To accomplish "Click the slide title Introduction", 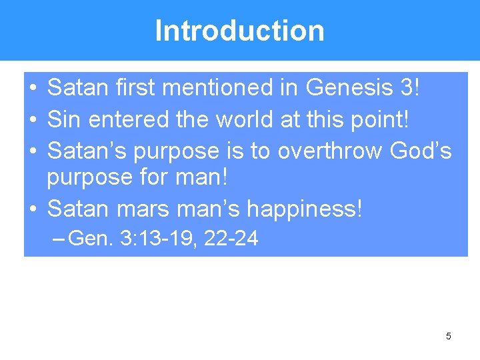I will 239,31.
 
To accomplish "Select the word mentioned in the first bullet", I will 214,87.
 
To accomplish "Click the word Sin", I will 63,119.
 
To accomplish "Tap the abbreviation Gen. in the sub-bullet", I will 91,239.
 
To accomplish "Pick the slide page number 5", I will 448,336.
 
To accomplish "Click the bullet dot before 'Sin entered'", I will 33,120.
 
